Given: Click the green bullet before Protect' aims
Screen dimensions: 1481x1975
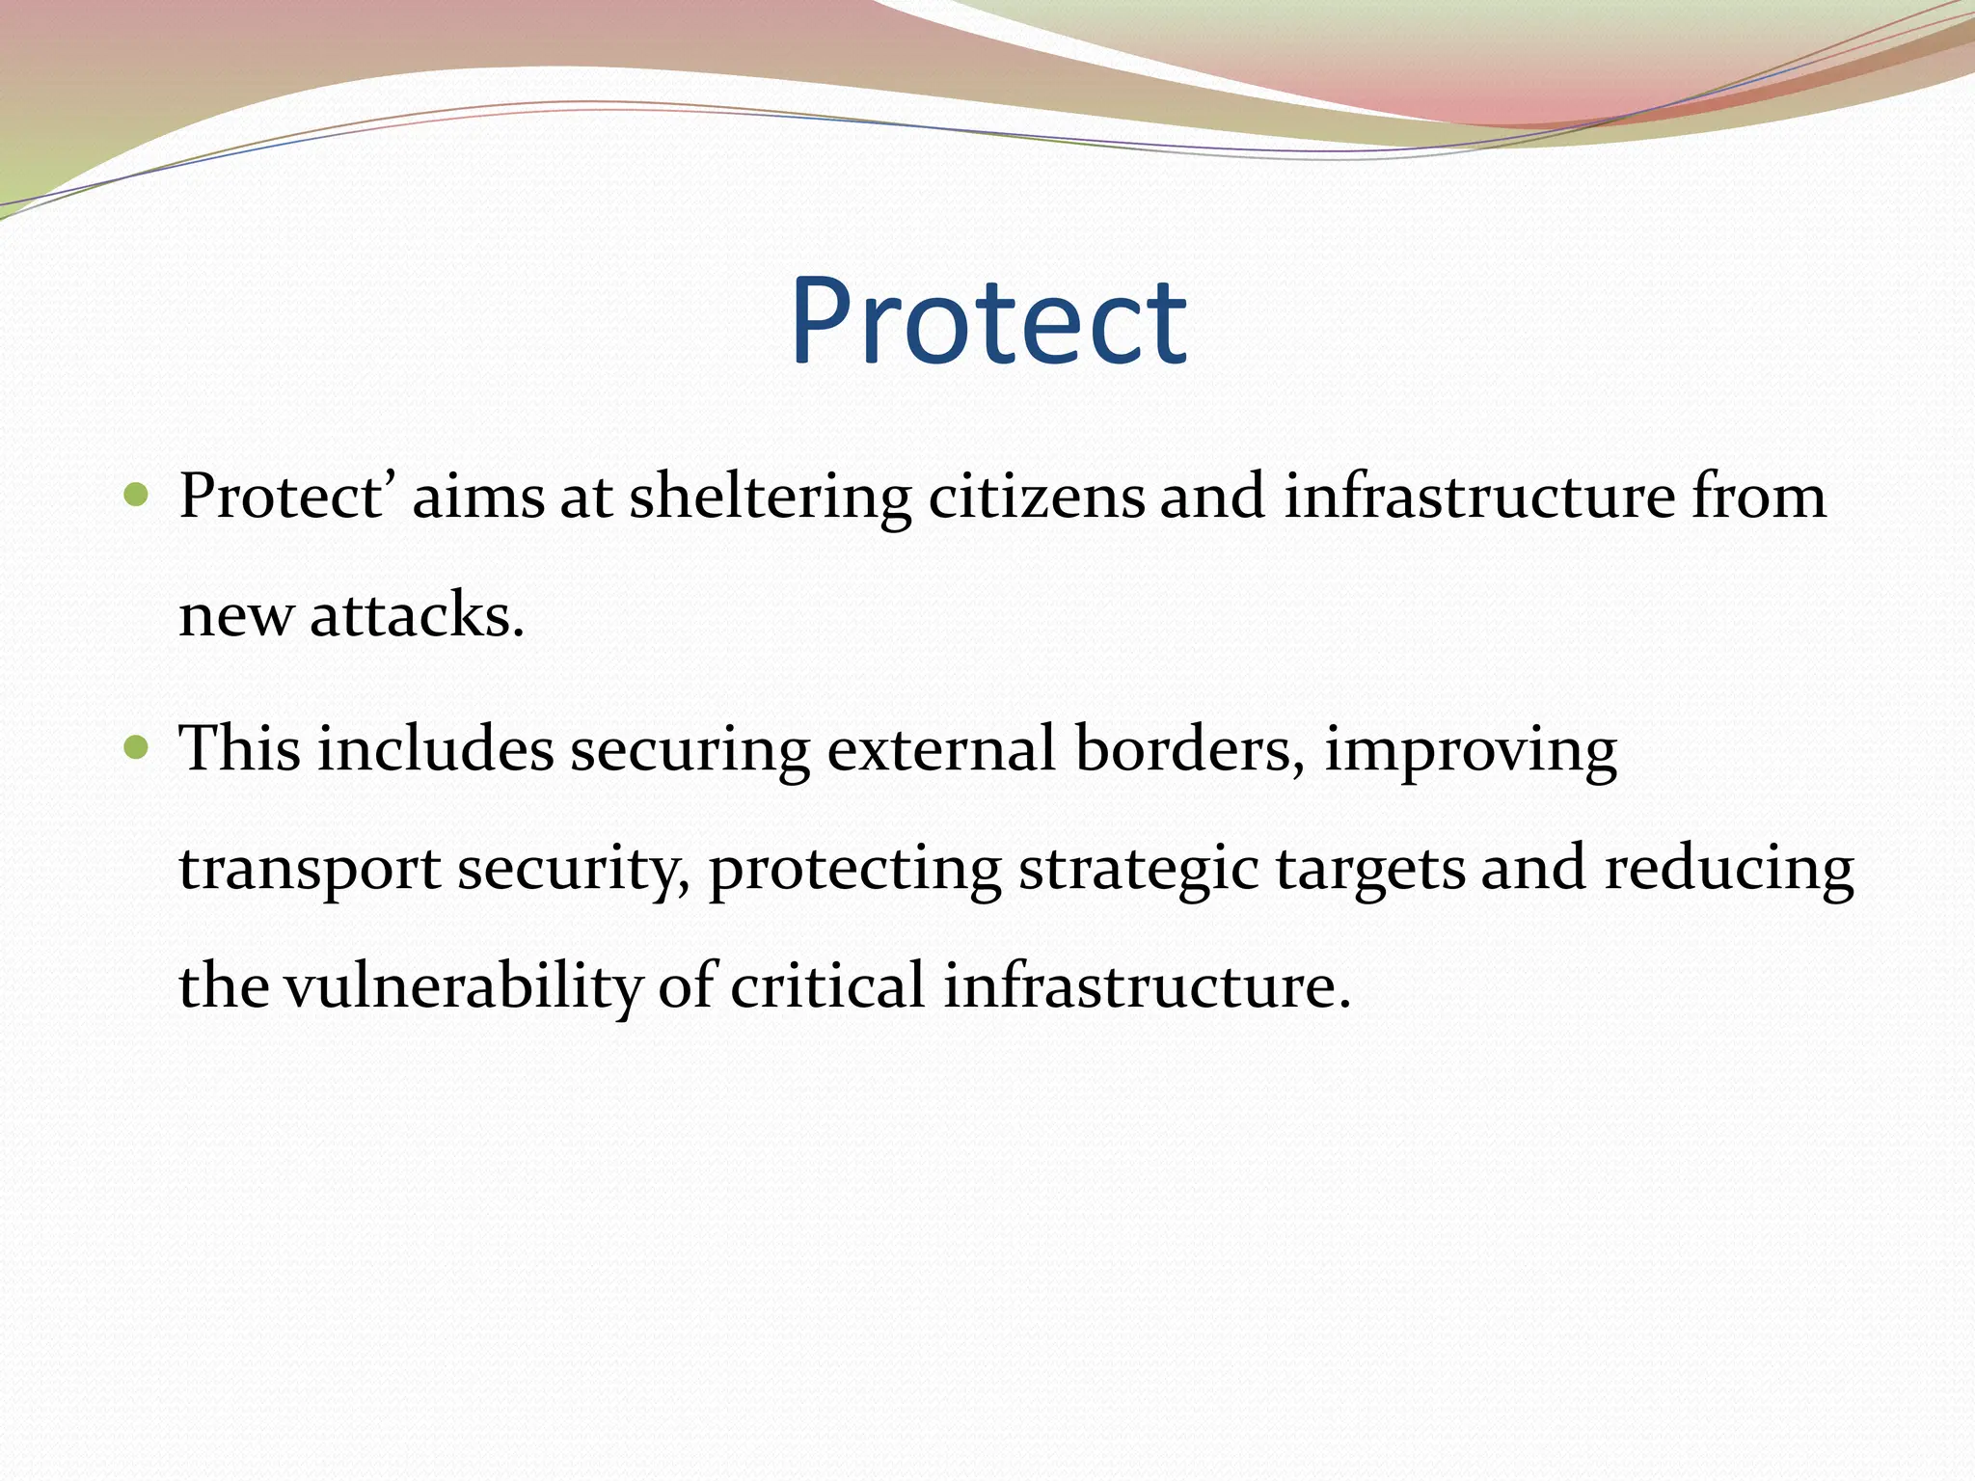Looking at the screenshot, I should [x=137, y=496].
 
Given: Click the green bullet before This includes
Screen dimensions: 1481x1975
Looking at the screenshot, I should [x=137, y=747].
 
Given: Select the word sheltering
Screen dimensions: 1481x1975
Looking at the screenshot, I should [x=770, y=498].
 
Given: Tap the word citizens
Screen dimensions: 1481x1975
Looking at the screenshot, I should [x=1036, y=498].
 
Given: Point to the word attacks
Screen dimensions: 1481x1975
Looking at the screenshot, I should [x=416, y=616].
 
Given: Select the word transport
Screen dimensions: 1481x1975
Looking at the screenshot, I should [x=310, y=870].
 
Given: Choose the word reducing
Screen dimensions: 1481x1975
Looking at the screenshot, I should [x=1728, y=870].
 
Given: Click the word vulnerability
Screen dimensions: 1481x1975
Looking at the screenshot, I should [x=463, y=987].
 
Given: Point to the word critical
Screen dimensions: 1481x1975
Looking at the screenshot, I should [x=827, y=987].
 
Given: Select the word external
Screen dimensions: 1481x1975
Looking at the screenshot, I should [x=941, y=749].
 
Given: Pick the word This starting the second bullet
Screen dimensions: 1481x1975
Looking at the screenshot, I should [x=239, y=749].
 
